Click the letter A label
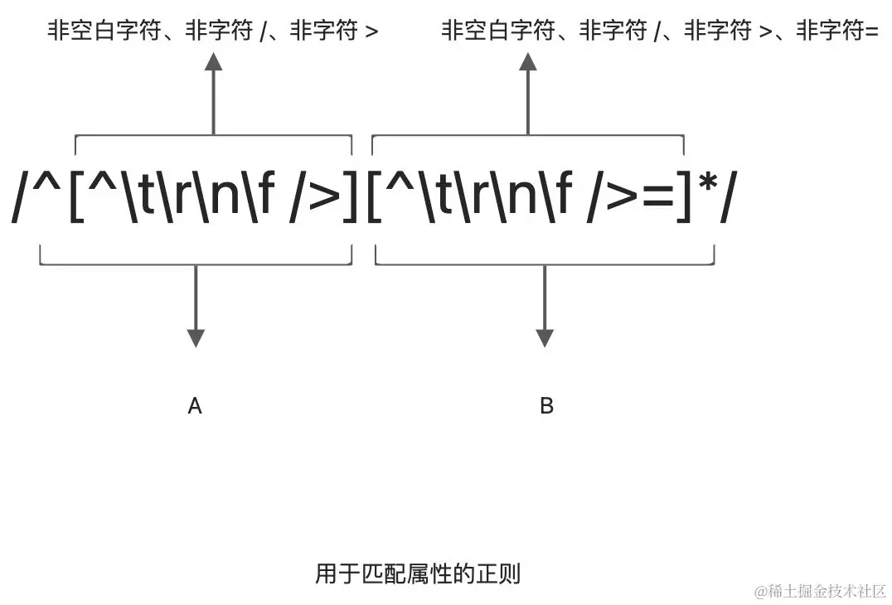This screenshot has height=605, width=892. pos(195,406)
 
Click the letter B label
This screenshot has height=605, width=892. pos(546,406)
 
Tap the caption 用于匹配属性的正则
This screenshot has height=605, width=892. pos(417,574)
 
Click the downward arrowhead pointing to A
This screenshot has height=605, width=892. pos(196,337)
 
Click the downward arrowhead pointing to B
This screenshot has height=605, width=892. pos(545,337)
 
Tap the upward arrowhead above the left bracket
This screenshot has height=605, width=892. pos(213,61)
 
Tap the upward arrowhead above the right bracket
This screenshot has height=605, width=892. pos(528,61)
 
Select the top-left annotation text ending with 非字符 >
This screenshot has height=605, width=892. pos(213,31)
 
